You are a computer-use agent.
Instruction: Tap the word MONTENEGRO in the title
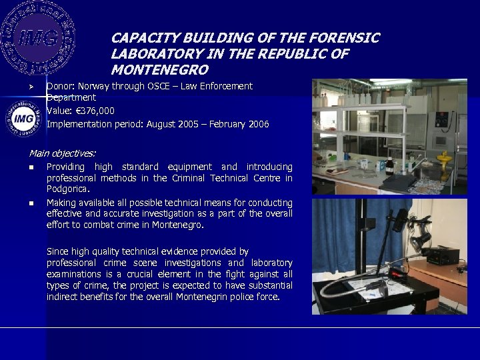(x=160, y=69)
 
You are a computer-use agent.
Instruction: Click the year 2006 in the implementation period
(x=257, y=123)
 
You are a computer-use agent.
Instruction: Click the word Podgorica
(x=65, y=189)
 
